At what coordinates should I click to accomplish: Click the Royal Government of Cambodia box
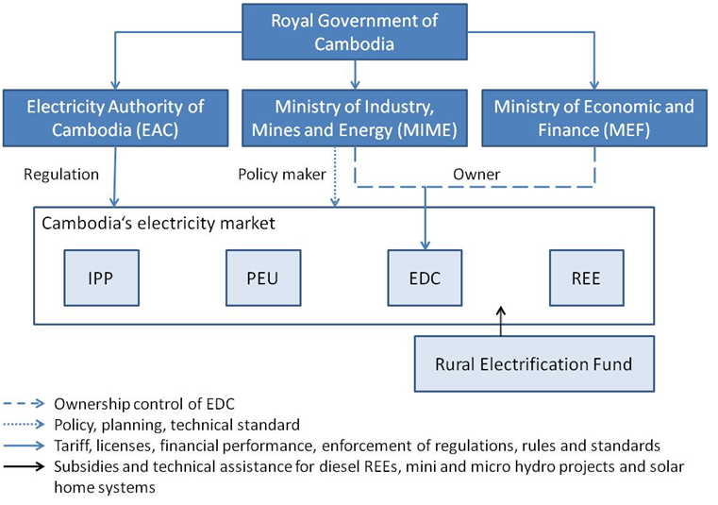tap(354, 31)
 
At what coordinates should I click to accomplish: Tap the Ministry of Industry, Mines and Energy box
tap(354, 118)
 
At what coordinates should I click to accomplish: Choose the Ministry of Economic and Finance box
tap(593, 118)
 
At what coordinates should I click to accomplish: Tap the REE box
tap(586, 279)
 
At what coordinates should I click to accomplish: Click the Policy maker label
tap(281, 174)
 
